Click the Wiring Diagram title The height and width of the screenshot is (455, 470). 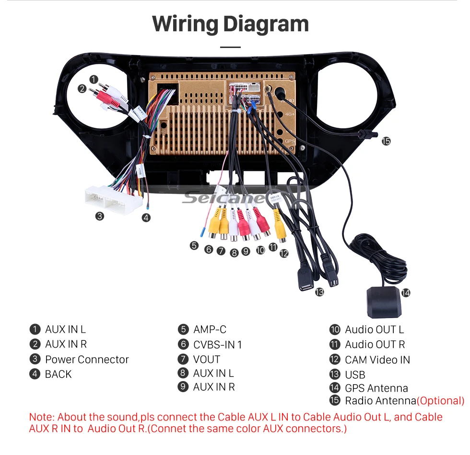click(x=230, y=24)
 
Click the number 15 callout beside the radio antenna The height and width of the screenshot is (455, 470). click(x=386, y=141)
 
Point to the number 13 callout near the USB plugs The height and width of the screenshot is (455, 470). click(x=319, y=292)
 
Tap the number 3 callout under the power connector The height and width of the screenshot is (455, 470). click(x=99, y=216)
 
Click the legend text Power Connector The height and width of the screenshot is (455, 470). click(x=87, y=359)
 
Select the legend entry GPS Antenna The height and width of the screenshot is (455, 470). click(x=376, y=388)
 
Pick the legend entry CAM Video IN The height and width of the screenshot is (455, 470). click(x=377, y=359)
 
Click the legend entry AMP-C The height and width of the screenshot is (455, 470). click(x=210, y=330)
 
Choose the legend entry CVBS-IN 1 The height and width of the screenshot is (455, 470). click(x=217, y=345)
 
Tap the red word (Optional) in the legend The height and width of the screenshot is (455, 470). click(x=440, y=401)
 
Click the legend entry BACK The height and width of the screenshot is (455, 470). click(x=58, y=374)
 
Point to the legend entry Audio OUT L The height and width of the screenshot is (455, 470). click(x=374, y=330)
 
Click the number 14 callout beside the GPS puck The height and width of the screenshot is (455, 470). click(x=406, y=292)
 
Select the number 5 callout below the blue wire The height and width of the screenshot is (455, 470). click(x=194, y=246)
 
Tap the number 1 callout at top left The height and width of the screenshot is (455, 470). click(x=94, y=79)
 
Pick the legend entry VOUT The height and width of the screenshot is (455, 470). click(x=206, y=359)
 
